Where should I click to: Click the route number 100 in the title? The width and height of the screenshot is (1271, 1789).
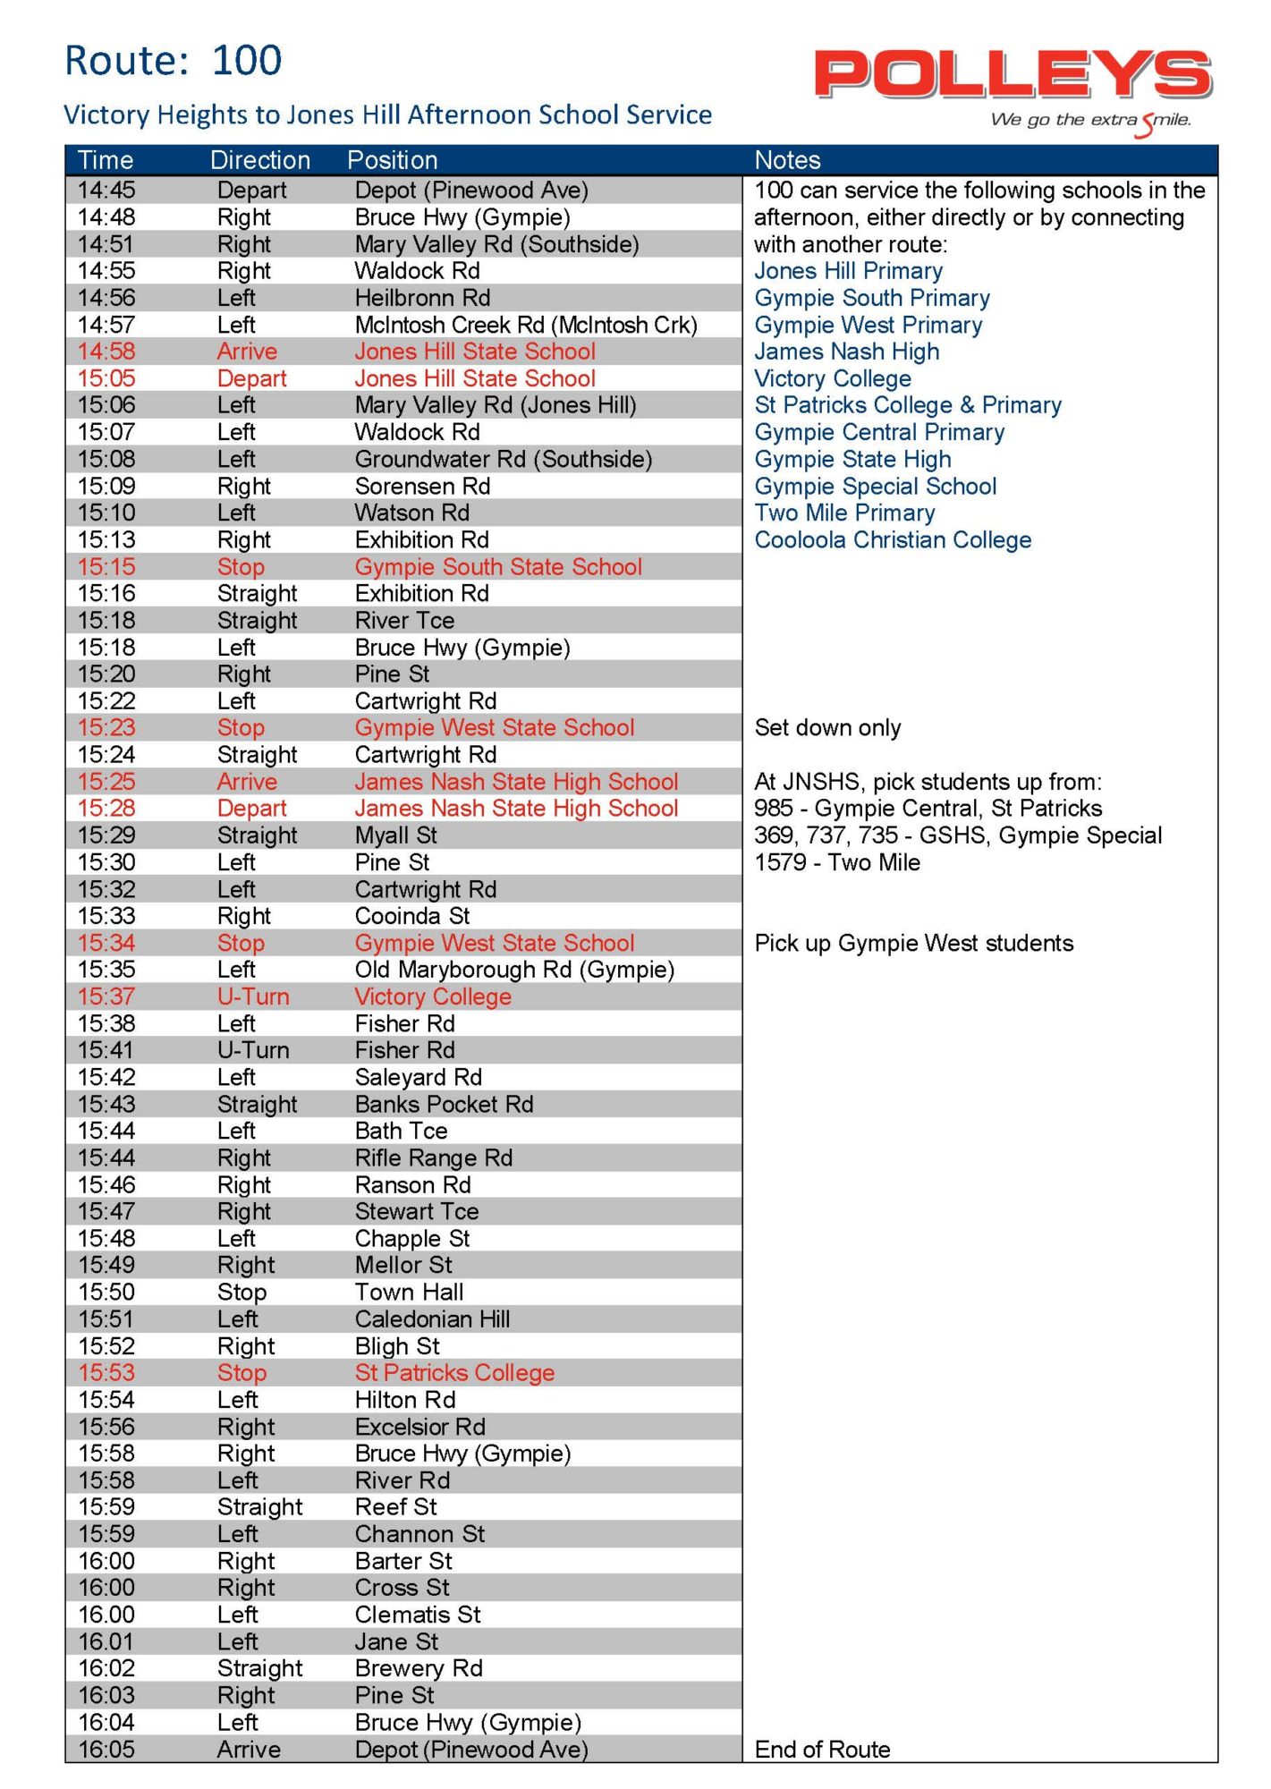tap(247, 61)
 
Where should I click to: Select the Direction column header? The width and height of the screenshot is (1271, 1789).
tap(260, 160)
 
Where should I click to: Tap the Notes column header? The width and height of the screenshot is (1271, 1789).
tap(787, 160)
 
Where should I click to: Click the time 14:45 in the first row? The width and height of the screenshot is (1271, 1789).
tap(106, 191)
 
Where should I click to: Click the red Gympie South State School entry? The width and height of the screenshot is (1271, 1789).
tap(498, 567)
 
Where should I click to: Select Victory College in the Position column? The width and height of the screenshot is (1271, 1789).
tap(433, 996)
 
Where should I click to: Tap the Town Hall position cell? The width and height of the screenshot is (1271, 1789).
tap(409, 1292)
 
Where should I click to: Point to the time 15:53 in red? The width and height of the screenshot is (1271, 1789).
tap(106, 1373)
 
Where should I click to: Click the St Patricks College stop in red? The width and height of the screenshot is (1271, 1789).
tap(454, 1373)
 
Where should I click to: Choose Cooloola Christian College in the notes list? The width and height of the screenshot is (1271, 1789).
tap(893, 540)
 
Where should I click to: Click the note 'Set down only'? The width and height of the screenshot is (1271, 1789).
tap(827, 728)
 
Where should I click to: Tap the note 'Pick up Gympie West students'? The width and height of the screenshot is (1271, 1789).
tap(913, 943)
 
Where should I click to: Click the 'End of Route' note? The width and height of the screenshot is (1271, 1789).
tap(822, 1750)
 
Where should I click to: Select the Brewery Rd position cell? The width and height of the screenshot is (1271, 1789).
tap(419, 1668)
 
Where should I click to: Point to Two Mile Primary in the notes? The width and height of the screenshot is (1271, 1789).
tap(844, 513)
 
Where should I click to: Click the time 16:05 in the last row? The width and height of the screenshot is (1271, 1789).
tap(106, 1750)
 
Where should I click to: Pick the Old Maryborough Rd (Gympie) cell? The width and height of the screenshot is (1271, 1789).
tap(514, 970)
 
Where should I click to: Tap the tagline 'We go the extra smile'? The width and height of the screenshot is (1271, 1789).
tap(1090, 121)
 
